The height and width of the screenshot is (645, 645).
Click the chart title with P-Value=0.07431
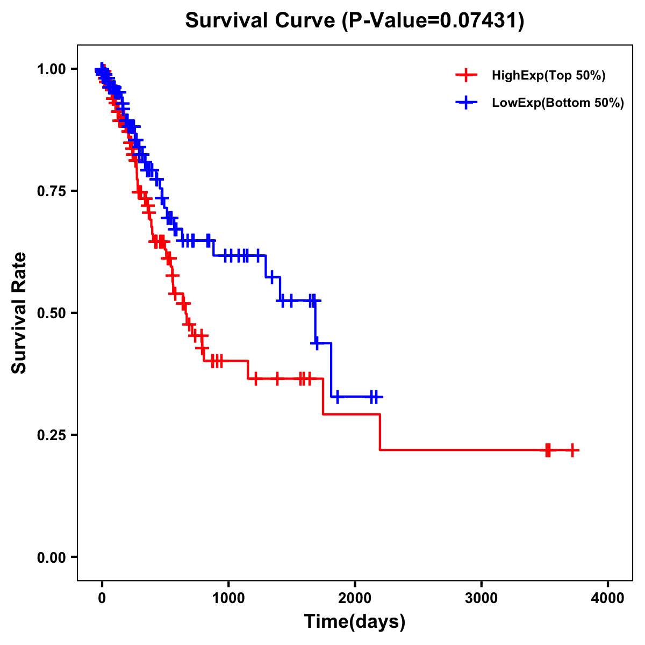click(x=355, y=21)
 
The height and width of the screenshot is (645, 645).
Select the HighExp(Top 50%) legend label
click(x=549, y=76)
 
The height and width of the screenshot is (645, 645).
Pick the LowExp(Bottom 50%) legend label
click(x=558, y=103)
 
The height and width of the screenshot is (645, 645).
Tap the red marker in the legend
click(x=466, y=75)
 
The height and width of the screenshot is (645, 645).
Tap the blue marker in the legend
click(x=466, y=103)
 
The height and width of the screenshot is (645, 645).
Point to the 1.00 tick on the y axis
click(x=52, y=69)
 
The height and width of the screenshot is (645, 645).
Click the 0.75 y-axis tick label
click(x=52, y=191)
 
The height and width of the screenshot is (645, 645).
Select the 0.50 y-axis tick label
click(x=52, y=313)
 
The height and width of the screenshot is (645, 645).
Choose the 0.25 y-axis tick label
click(x=52, y=435)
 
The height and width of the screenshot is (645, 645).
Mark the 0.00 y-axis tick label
click(x=52, y=557)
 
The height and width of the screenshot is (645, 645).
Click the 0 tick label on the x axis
click(x=102, y=598)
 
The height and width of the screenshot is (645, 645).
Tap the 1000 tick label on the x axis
click(x=228, y=598)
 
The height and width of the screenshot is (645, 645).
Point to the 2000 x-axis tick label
click(x=355, y=598)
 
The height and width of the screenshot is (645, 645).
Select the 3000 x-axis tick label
click(x=481, y=598)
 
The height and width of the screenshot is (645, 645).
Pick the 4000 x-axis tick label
click(x=608, y=598)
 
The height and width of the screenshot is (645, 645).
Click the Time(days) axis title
click(x=355, y=622)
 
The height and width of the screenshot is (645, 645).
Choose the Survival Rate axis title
click(x=19, y=313)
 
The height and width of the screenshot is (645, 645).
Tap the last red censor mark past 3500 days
click(x=572, y=450)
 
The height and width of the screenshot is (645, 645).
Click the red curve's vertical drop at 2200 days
click(x=380, y=432)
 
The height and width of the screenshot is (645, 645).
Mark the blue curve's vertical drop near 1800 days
click(x=331, y=370)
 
